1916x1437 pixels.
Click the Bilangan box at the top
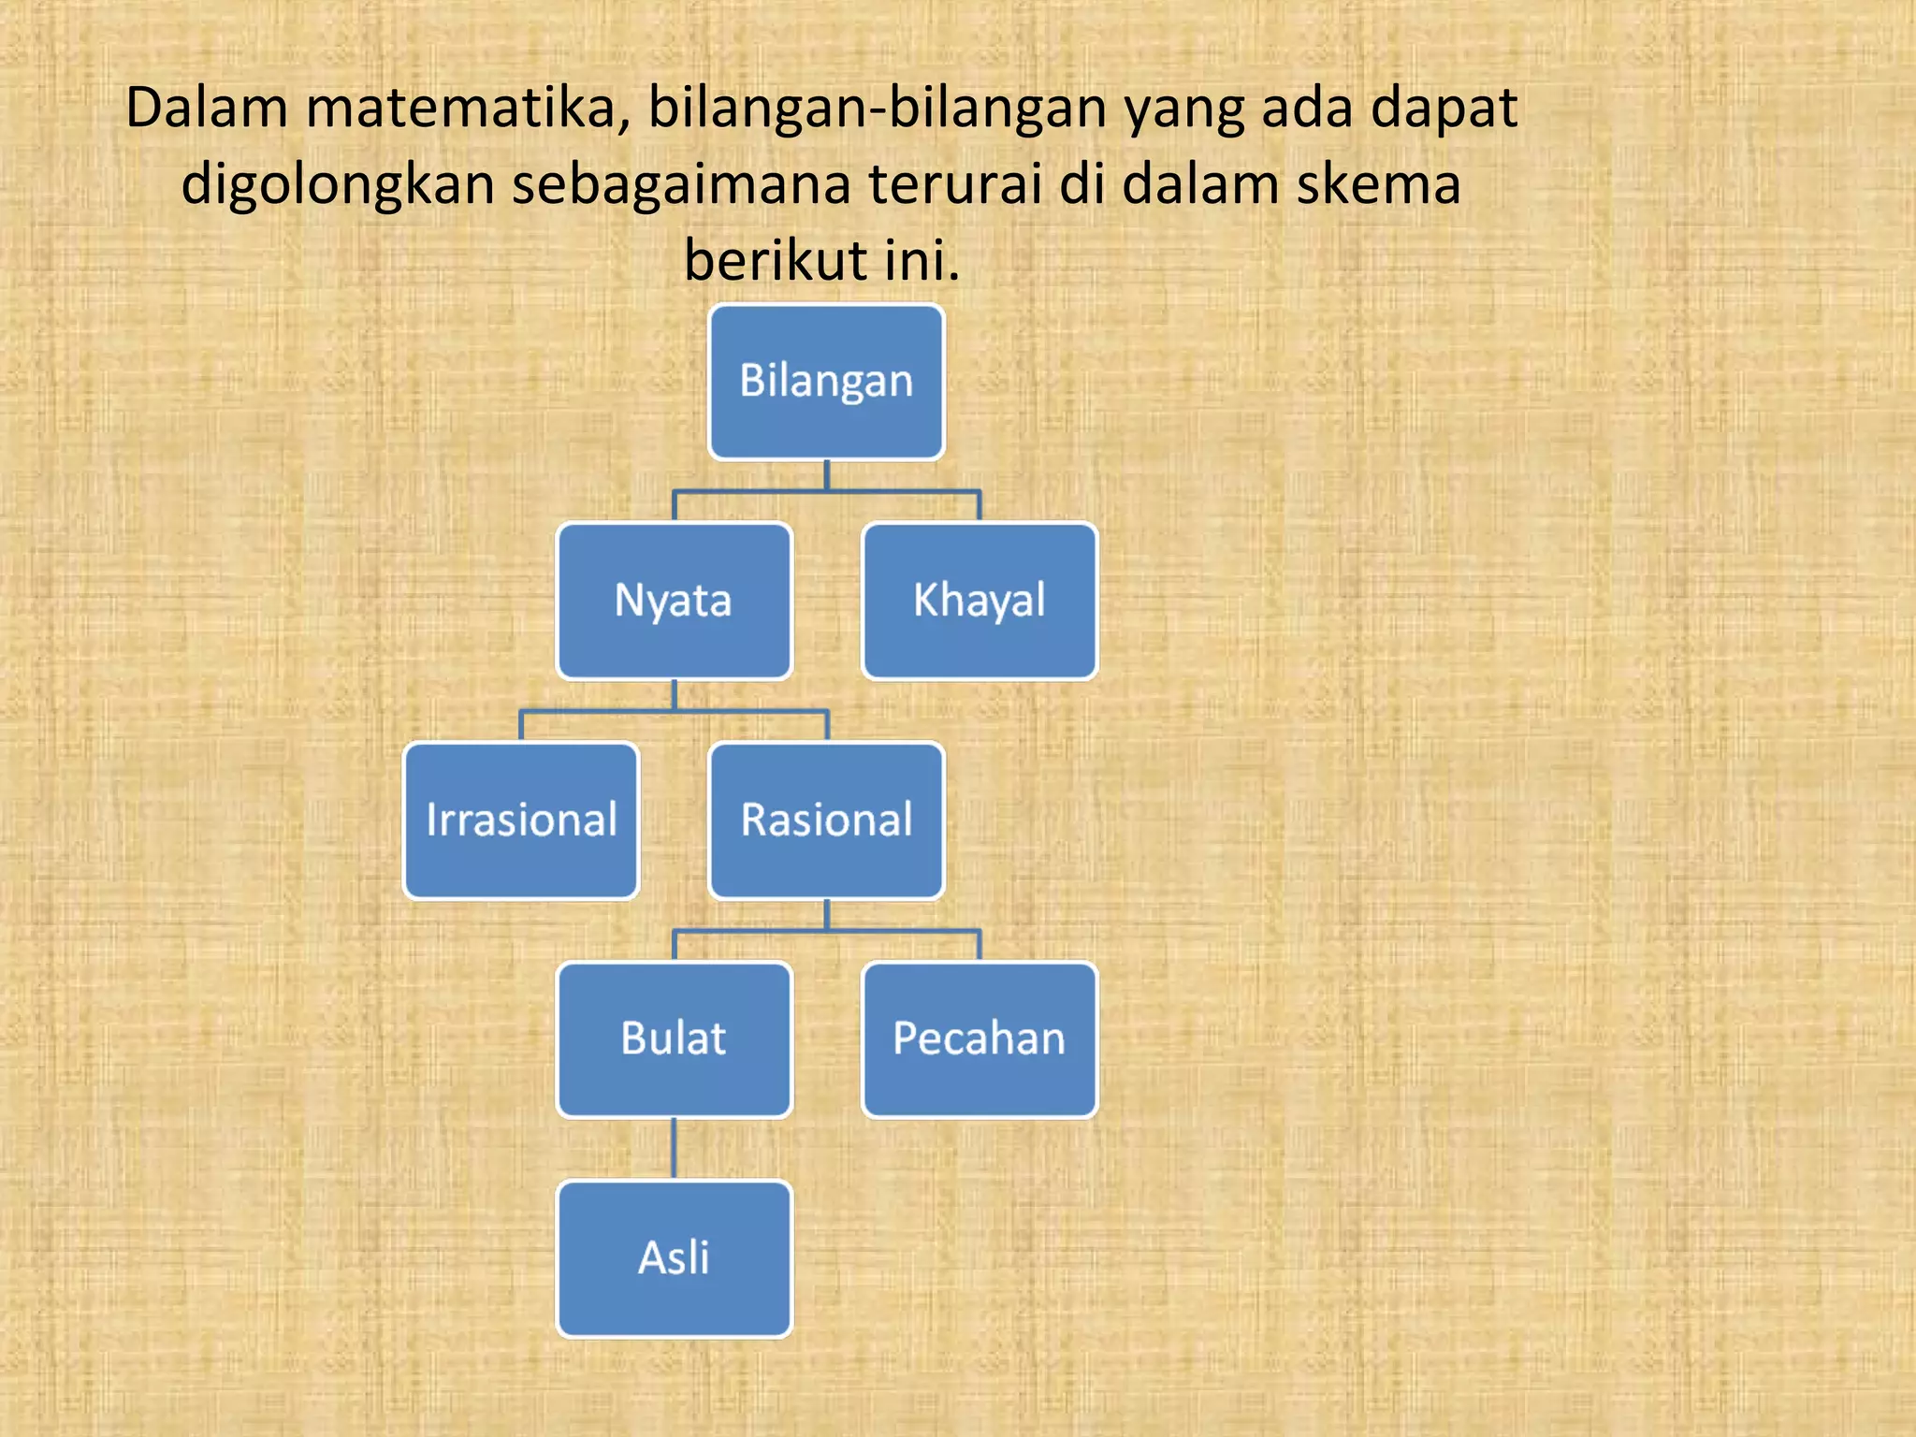coord(826,382)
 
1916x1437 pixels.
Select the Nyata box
coord(674,601)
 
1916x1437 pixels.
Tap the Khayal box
coord(979,601)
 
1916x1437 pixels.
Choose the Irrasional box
coord(521,820)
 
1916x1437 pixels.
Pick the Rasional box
coord(826,820)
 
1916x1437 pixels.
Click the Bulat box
coord(674,1039)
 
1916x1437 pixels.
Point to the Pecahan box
coord(979,1039)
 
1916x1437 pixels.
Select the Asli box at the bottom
coord(674,1258)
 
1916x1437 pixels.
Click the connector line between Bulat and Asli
coord(674,1149)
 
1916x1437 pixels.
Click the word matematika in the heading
coord(468,108)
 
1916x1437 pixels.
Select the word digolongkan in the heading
coord(337,184)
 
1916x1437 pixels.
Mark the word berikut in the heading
coord(776,260)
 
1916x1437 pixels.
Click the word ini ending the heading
coord(922,260)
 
